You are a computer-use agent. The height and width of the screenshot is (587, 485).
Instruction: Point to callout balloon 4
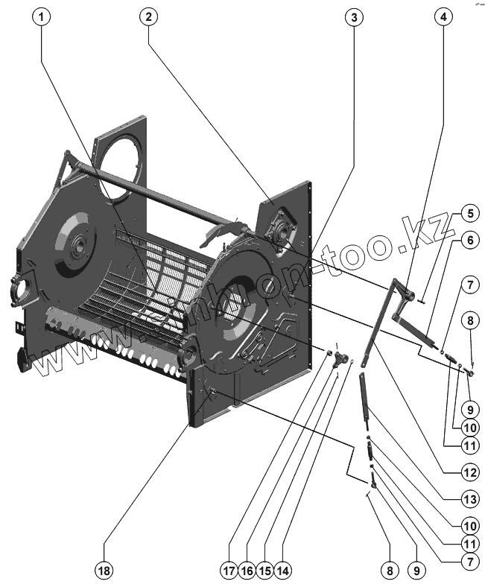[445, 17]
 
